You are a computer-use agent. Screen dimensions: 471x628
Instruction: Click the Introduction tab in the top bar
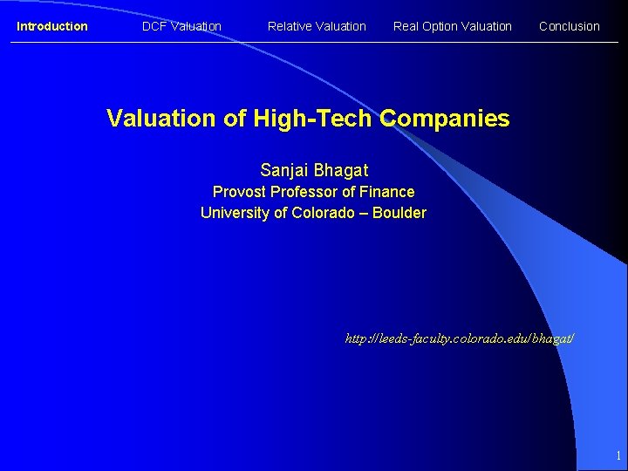click(52, 26)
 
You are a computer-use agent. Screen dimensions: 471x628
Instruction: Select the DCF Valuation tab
click(181, 26)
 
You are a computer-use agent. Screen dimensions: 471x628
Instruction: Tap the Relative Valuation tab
click(317, 26)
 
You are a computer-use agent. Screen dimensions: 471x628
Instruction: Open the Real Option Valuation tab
click(452, 26)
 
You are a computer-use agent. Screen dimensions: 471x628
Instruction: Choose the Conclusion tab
click(570, 26)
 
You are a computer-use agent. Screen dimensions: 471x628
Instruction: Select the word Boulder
click(399, 213)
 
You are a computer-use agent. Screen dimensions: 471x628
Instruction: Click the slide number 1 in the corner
click(618, 455)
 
